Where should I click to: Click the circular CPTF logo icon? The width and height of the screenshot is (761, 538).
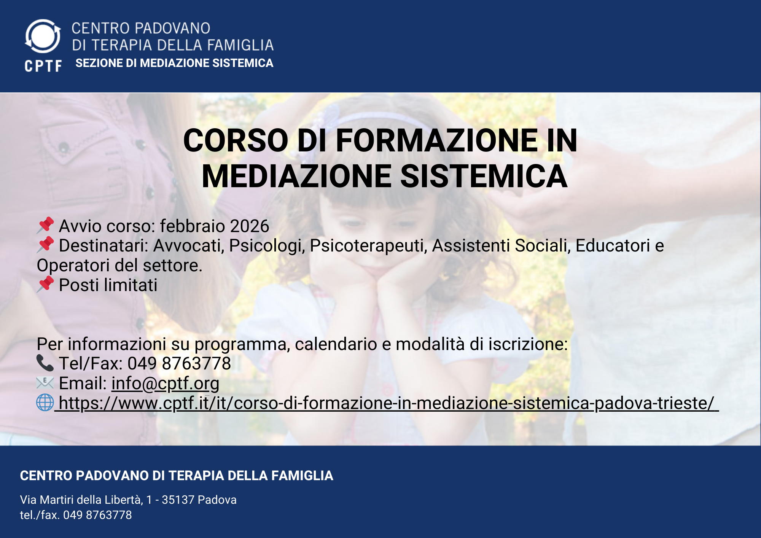pos(43,36)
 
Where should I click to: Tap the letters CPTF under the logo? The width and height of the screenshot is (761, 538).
pos(43,66)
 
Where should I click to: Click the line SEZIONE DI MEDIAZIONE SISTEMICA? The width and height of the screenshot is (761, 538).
pos(174,63)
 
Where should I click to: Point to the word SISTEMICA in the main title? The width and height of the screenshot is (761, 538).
pos(484,176)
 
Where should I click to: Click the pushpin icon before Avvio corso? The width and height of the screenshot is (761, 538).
pos(45,225)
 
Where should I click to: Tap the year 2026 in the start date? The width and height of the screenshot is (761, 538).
pos(250,226)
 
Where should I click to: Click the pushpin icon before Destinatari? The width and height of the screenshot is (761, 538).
pos(45,245)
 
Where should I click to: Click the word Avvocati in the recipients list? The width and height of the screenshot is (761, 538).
pos(187,246)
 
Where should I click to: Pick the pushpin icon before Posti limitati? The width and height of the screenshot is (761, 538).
pos(45,284)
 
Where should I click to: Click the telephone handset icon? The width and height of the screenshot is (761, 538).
pos(45,363)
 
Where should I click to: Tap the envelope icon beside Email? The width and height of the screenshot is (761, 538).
pos(45,382)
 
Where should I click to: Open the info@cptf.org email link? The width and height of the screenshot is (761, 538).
pos(165,384)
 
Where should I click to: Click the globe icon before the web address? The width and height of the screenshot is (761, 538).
pos(45,402)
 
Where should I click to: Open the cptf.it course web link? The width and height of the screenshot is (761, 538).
pos(387,403)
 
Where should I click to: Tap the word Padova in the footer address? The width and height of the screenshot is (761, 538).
pos(217,500)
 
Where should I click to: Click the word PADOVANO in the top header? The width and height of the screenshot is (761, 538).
pos(172,28)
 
